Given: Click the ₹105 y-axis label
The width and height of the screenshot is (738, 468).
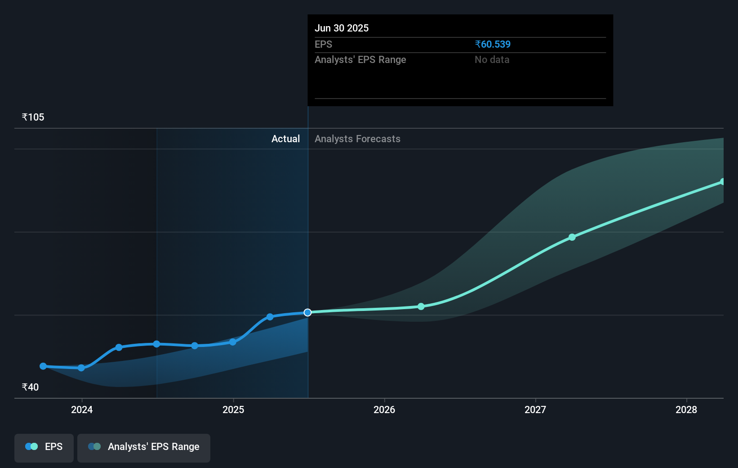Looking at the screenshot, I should click(x=33, y=117).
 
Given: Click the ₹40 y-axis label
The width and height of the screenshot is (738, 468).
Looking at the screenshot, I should click(x=30, y=387).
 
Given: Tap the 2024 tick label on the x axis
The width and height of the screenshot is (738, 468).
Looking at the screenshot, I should click(x=82, y=409).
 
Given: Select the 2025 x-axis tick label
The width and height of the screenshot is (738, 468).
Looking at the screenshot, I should click(x=233, y=409).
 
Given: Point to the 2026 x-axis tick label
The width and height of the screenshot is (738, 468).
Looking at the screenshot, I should click(x=384, y=409).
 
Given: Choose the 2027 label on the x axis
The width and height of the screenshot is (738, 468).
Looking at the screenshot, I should click(x=535, y=409).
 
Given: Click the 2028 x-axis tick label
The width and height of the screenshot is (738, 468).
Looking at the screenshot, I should click(x=686, y=409).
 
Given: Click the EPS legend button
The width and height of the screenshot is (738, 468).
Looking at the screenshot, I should click(x=44, y=447).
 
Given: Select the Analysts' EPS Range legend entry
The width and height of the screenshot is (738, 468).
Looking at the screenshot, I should click(x=144, y=447).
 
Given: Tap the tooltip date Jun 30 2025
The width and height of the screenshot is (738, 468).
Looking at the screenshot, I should click(x=342, y=28).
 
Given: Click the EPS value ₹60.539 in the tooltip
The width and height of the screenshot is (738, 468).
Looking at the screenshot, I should click(x=493, y=44).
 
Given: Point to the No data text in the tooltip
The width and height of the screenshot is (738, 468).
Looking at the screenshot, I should click(x=492, y=59).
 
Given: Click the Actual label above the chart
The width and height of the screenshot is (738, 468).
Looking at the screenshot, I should click(x=285, y=139).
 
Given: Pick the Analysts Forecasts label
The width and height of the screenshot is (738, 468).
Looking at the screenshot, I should click(x=357, y=139).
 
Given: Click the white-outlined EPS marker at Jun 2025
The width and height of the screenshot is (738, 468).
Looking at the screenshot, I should click(x=307, y=312).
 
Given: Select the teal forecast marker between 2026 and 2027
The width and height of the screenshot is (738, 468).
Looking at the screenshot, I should click(x=421, y=306).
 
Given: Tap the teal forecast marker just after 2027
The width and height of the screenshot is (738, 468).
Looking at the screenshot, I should click(x=572, y=237).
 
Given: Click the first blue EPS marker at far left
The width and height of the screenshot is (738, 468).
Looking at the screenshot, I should click(x=43, y=366).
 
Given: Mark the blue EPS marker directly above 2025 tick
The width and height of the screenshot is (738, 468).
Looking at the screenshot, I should click(x=233, y=342).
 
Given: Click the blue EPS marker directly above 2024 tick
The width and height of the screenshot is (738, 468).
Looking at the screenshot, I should click(x=81, y=368).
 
